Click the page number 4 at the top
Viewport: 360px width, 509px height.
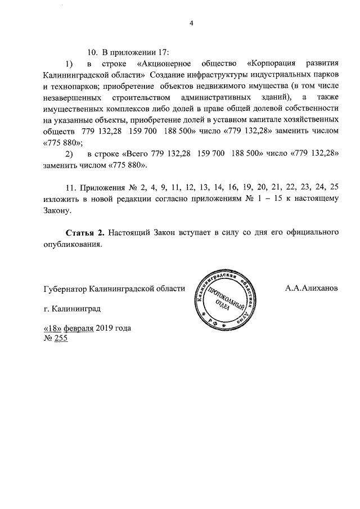pos(191,23)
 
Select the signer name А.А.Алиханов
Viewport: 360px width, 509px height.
pos(311,289)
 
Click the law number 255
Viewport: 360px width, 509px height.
pos(61,339)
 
